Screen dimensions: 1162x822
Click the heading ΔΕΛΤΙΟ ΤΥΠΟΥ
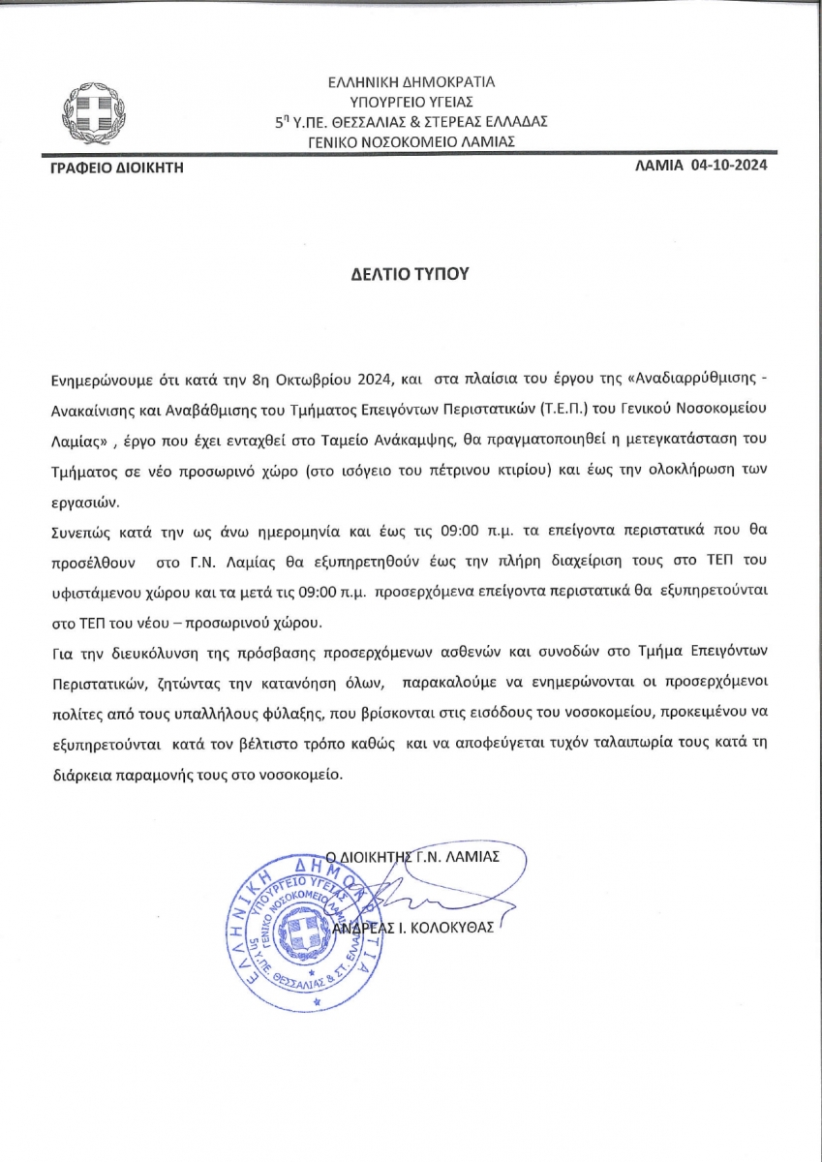coord(410,273)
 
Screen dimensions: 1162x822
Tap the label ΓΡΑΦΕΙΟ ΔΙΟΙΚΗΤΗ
coord(116,168)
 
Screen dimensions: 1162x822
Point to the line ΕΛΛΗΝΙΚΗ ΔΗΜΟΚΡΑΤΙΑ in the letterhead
coord(411,82)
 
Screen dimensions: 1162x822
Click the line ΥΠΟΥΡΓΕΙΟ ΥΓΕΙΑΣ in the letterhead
coord(411,102)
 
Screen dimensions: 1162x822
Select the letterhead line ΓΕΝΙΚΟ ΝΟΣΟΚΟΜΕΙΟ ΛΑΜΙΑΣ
coord(411,141)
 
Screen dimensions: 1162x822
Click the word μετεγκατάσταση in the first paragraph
coord(686,427)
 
